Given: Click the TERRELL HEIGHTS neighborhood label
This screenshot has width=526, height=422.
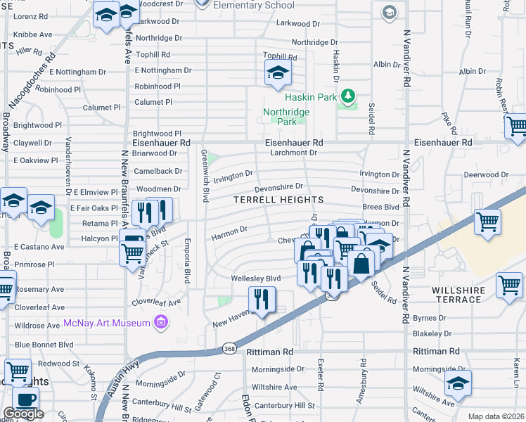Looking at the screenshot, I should pos(278,200).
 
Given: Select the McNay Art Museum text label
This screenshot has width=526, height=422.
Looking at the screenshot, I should pos(107,323).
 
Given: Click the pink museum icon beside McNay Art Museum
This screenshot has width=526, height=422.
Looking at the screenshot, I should pos(161,323).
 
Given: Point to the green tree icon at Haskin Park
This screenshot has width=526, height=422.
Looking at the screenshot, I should pos(346,95).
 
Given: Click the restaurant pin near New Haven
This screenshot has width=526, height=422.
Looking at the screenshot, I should pos(261,300).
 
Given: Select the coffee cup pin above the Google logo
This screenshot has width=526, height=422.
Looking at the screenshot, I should pos(26,399).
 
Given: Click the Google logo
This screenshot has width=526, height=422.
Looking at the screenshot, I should pos(24,414).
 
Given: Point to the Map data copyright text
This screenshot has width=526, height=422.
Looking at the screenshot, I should pos(496,416).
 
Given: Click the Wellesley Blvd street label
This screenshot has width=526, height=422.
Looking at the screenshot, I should pos(256,279).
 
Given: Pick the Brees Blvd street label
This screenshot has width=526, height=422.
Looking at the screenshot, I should pos(380,207).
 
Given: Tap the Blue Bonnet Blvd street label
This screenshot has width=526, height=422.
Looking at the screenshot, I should pos(44,345).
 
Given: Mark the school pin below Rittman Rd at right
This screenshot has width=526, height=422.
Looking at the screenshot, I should pos(458,385).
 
